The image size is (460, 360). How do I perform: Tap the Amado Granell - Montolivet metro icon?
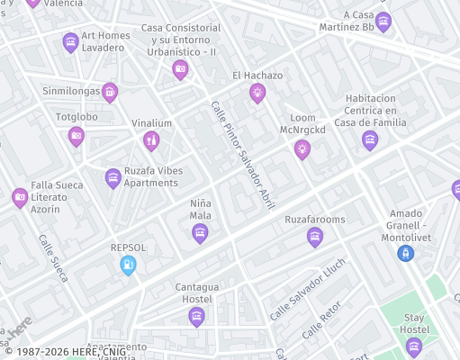[x=406, y=253]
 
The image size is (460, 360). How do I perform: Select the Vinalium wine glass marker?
[x=151, y=139]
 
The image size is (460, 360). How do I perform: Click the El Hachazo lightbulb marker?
[x=257, y=92]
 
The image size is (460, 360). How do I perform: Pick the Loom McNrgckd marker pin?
[x=302, y=148]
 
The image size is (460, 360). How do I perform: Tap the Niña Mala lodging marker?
[x=200, y=233]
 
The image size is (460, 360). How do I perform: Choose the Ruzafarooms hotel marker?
[x=314, y=237]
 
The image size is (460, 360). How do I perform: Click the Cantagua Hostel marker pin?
[x=196, y=315]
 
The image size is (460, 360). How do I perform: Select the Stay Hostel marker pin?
[x=414, y=347]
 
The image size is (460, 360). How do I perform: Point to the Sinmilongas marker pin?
[x=110, y=91]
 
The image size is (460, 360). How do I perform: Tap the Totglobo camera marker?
[x=77, y=136]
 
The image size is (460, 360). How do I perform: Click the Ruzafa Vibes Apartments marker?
[x=113, y=177]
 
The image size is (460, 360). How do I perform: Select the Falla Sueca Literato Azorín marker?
[x=20, y=197]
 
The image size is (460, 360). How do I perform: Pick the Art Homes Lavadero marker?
[x=70, y=41]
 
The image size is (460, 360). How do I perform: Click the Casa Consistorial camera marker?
[x=180, y=68]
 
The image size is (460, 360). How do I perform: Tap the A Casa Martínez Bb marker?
[x=383, y=22]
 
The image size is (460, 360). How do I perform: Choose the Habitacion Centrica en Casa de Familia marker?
[x=369, y=139]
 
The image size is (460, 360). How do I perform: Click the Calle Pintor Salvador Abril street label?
[x=243, y=154]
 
